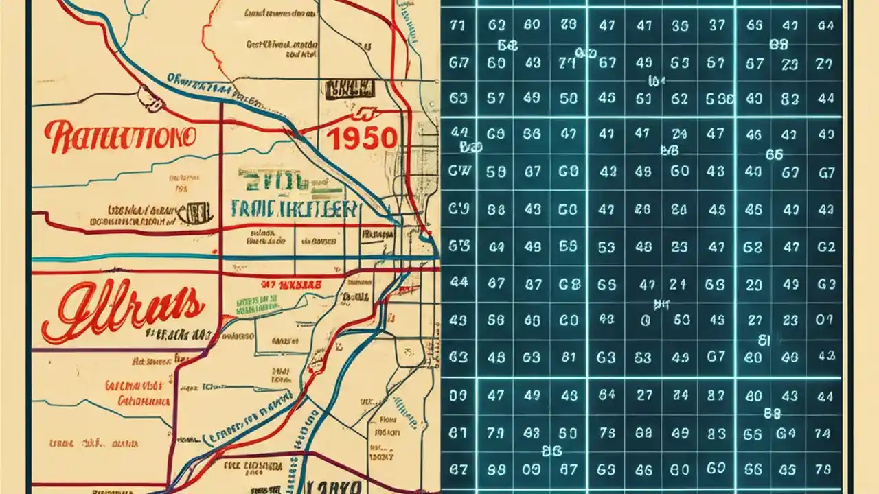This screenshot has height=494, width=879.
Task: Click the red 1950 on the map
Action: pyautogui.click(x=361, y=139)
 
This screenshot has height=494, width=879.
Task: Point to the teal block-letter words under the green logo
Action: pyautogui.click(x=295, y=209)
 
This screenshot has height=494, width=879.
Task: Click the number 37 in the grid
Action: pyautogui.click(x=716, y=26)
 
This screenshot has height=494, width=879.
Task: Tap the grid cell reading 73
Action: pyautogui.click(x=606, y=434)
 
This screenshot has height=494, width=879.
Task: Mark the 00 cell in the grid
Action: pyautogui.click(x=532, y=471)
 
